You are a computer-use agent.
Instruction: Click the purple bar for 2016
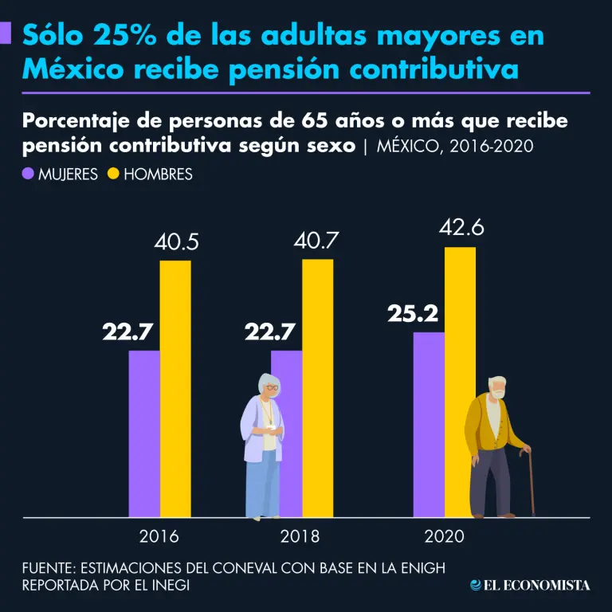pyautogui.click(x=144, y=434)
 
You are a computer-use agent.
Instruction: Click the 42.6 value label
pyautogui.click(x=461, y=227)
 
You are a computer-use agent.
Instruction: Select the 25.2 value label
pyautogui.click(x=414, y=314)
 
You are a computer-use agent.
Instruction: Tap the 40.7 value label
pyautogui.click(x=317, y=241)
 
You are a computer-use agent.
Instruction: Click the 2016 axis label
pyautogui.click(x=159, y=536)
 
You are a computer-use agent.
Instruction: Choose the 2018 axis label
pyautogui.click(x=300, y=536)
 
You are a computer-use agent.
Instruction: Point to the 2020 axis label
pyautogui.click(x=444, y=536)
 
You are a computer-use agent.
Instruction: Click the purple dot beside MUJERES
pyautogui.click(x=29, y=173)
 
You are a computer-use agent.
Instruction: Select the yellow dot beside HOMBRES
pyautogui.click(x=113, y=173)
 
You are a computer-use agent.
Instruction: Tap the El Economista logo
pyautogui.click(x=530, y=586)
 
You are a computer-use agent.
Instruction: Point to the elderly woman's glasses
pyautogui.click(x=271, y=388)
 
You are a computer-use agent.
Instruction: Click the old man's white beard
pyautogui.click(x=498, y=394)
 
